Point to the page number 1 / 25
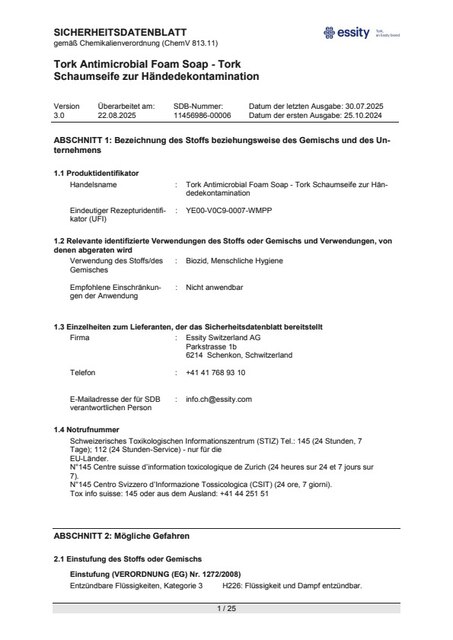point(226,608)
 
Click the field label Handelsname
point(94,185)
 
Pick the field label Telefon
point(83,371)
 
